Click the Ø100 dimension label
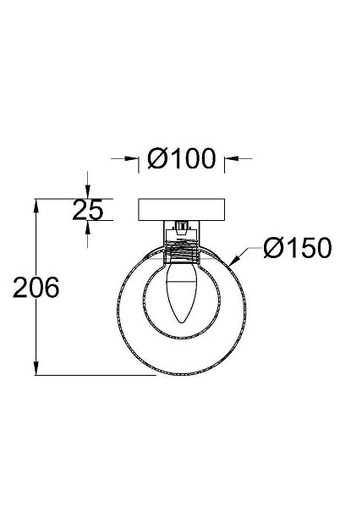[x=182, y=159]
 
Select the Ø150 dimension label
[x=298, y=247]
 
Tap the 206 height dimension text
[x=36, y=287]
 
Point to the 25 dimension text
[x=87, y=210]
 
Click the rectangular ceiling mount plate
[x=182, y=209]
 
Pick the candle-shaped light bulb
[x=181, y=293]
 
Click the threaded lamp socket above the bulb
[x=182, y=250]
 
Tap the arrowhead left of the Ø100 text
[x=133, y=159]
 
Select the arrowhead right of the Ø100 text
[x=231, y=159]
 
